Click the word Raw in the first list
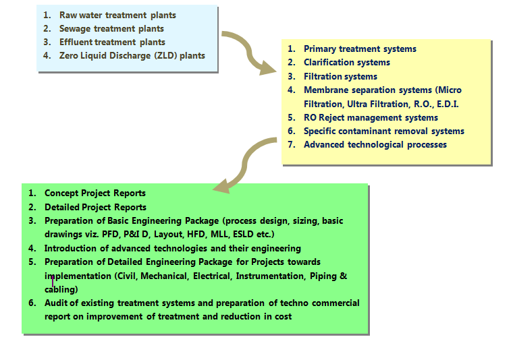68,15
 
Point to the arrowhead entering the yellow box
267,67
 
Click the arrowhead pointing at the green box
222,186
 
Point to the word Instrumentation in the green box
270,276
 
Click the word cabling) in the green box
61,289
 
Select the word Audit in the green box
56,303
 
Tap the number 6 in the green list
32,303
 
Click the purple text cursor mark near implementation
53,280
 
